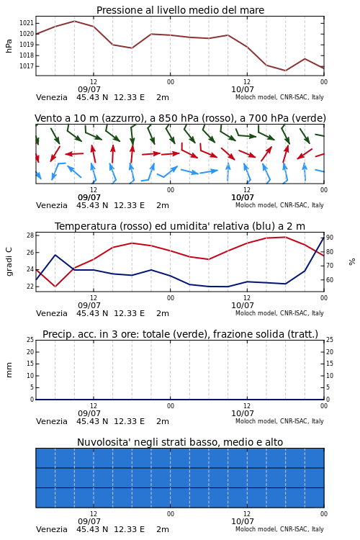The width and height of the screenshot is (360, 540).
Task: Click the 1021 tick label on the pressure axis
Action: pos(27,23)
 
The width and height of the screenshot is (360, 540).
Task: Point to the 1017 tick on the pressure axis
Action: pos(27,66)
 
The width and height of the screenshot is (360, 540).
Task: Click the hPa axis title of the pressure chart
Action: pos(9,46)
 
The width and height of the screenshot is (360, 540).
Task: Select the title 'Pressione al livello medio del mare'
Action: pos(180,10)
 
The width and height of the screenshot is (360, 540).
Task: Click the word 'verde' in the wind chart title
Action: pos(306,118)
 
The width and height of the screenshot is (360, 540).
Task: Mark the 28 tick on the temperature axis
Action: pos(30,235)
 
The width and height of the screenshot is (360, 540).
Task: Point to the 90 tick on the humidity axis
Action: pos(330,238)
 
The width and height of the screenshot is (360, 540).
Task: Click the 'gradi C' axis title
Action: pos(9,261)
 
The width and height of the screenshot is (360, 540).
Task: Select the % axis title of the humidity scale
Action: pos(352,262)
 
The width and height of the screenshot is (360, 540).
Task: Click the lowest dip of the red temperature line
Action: pos(55,287)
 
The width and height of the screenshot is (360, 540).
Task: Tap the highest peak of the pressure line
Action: pos(74,21)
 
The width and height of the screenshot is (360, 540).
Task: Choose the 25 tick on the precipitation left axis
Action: pos(30,340)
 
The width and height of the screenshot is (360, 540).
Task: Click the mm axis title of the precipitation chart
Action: pos(9,370)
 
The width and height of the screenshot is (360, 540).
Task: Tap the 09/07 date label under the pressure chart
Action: pos(89,89)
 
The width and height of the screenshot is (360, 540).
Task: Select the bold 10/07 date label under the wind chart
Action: pos(243,197)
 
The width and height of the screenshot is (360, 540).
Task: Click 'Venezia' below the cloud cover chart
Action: pos(52,529)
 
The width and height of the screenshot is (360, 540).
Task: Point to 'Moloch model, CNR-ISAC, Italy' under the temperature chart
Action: pos(279,313)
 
